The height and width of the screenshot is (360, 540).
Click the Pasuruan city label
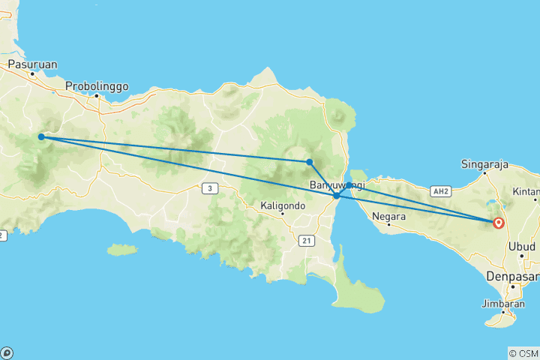click(32, 64)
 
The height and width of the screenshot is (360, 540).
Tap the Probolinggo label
click(97, 86)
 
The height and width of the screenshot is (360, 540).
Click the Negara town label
click(394, 217)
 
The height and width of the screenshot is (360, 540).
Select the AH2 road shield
click(439, 192)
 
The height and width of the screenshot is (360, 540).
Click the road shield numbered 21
click(305, 241)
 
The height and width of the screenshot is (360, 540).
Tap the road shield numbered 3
click(211, 188)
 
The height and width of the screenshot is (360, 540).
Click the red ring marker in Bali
click(499, 222)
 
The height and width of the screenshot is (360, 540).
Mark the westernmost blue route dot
click(41, 137)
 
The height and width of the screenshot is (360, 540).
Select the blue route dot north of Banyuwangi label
click(309, 162)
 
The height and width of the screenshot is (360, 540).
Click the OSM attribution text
click(526, 352)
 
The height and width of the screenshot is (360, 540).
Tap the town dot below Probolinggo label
click(97, 97)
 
